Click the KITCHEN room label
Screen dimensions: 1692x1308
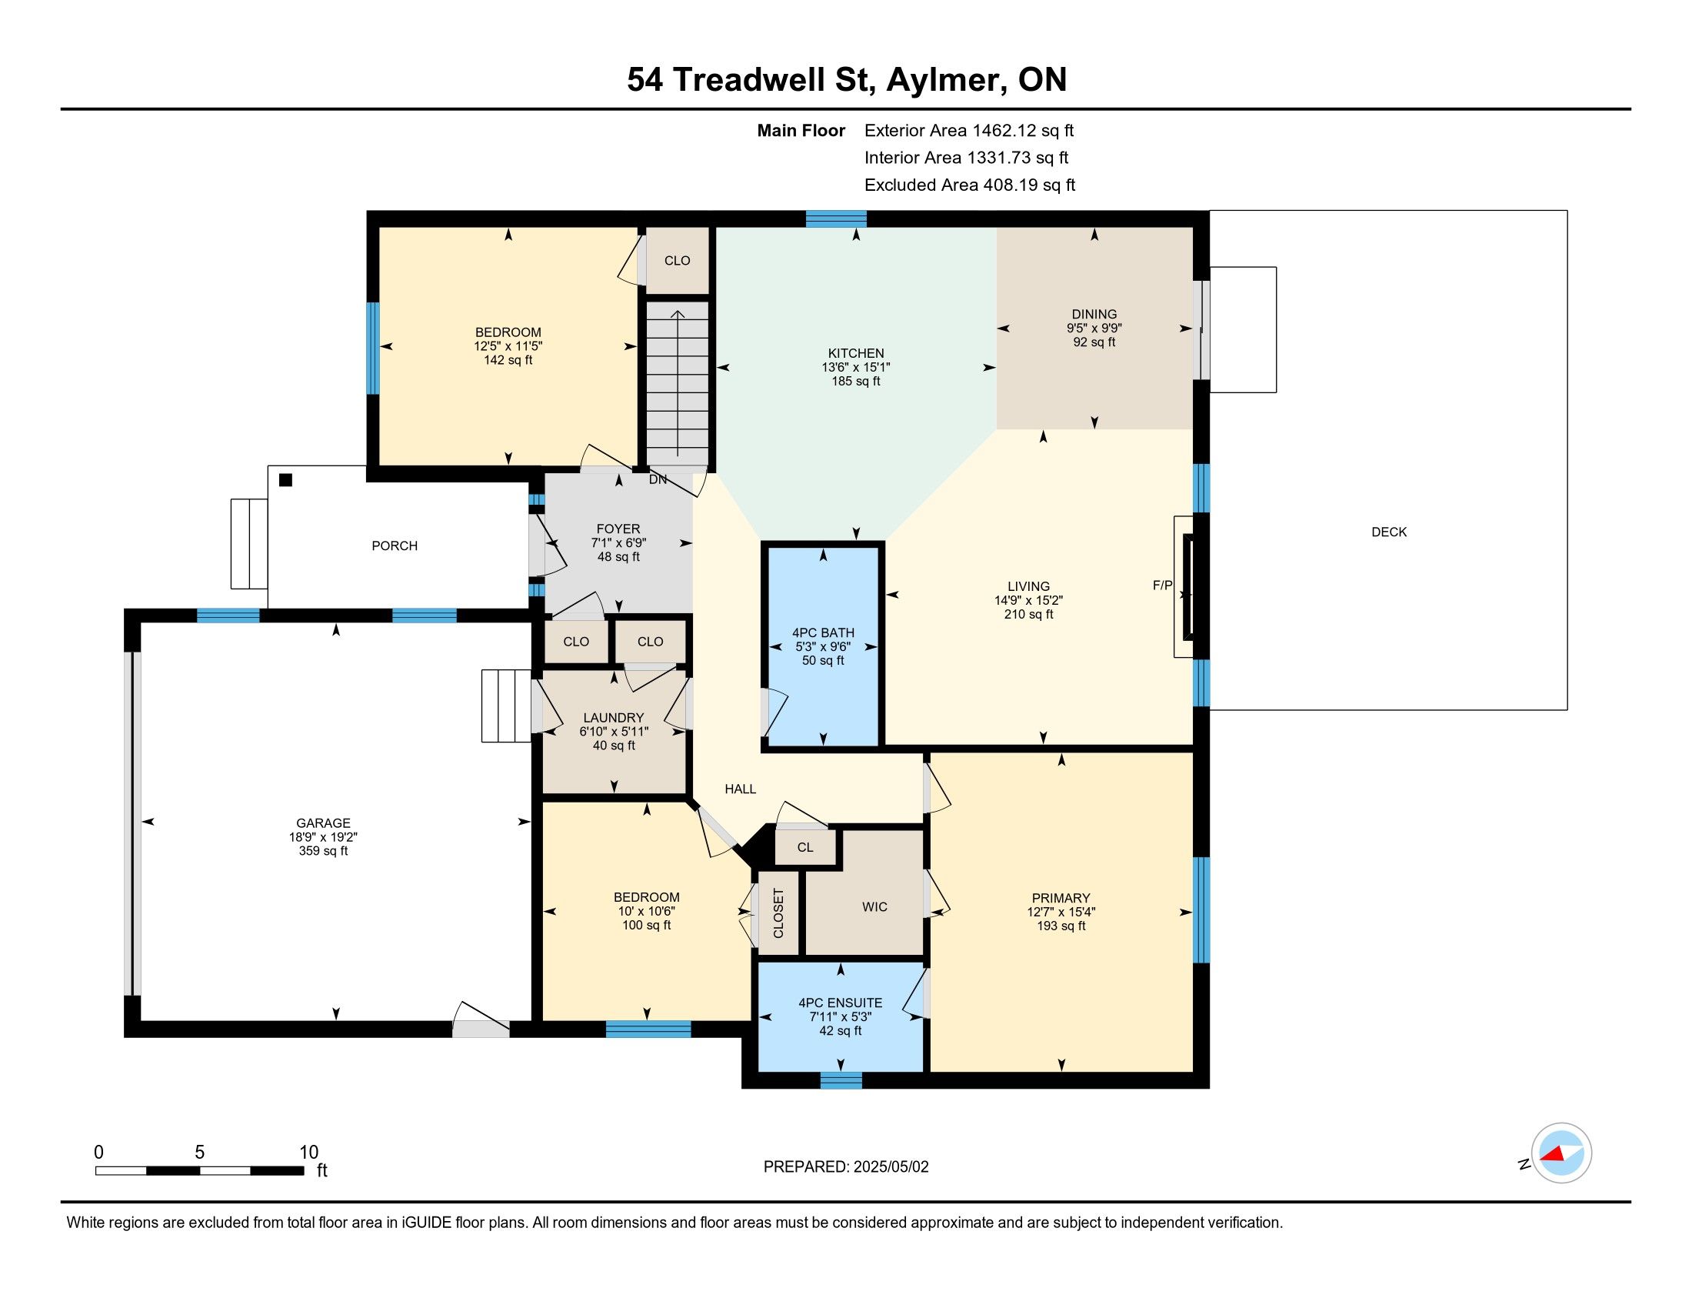pos(855,353)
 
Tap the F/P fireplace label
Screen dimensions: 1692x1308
pos(1162,586)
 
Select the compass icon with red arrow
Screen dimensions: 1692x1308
pos(1561,1153)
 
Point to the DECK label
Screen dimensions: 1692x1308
pos(1388,532)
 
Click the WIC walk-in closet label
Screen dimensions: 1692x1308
pos(874,906)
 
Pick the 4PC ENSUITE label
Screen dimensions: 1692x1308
pos(840,1003)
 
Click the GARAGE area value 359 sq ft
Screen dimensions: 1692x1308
pos(323,851)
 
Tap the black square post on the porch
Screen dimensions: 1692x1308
pos(285,479)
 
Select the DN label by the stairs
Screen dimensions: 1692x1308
pos(658,479)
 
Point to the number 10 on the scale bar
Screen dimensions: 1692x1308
pos(308,1152)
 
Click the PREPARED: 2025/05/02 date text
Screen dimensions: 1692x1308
pos(846,1166)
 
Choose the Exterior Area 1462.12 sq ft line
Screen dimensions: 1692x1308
pos(969,130)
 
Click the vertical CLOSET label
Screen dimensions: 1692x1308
pos(778,913)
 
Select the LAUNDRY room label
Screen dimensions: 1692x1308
pos(614,718)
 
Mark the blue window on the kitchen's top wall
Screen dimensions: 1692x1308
pos(836,219)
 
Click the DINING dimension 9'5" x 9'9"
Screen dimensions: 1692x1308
pos(1094,328)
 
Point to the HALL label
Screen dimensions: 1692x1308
pos(740,789)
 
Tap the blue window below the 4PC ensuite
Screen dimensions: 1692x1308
pos(841,1080)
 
